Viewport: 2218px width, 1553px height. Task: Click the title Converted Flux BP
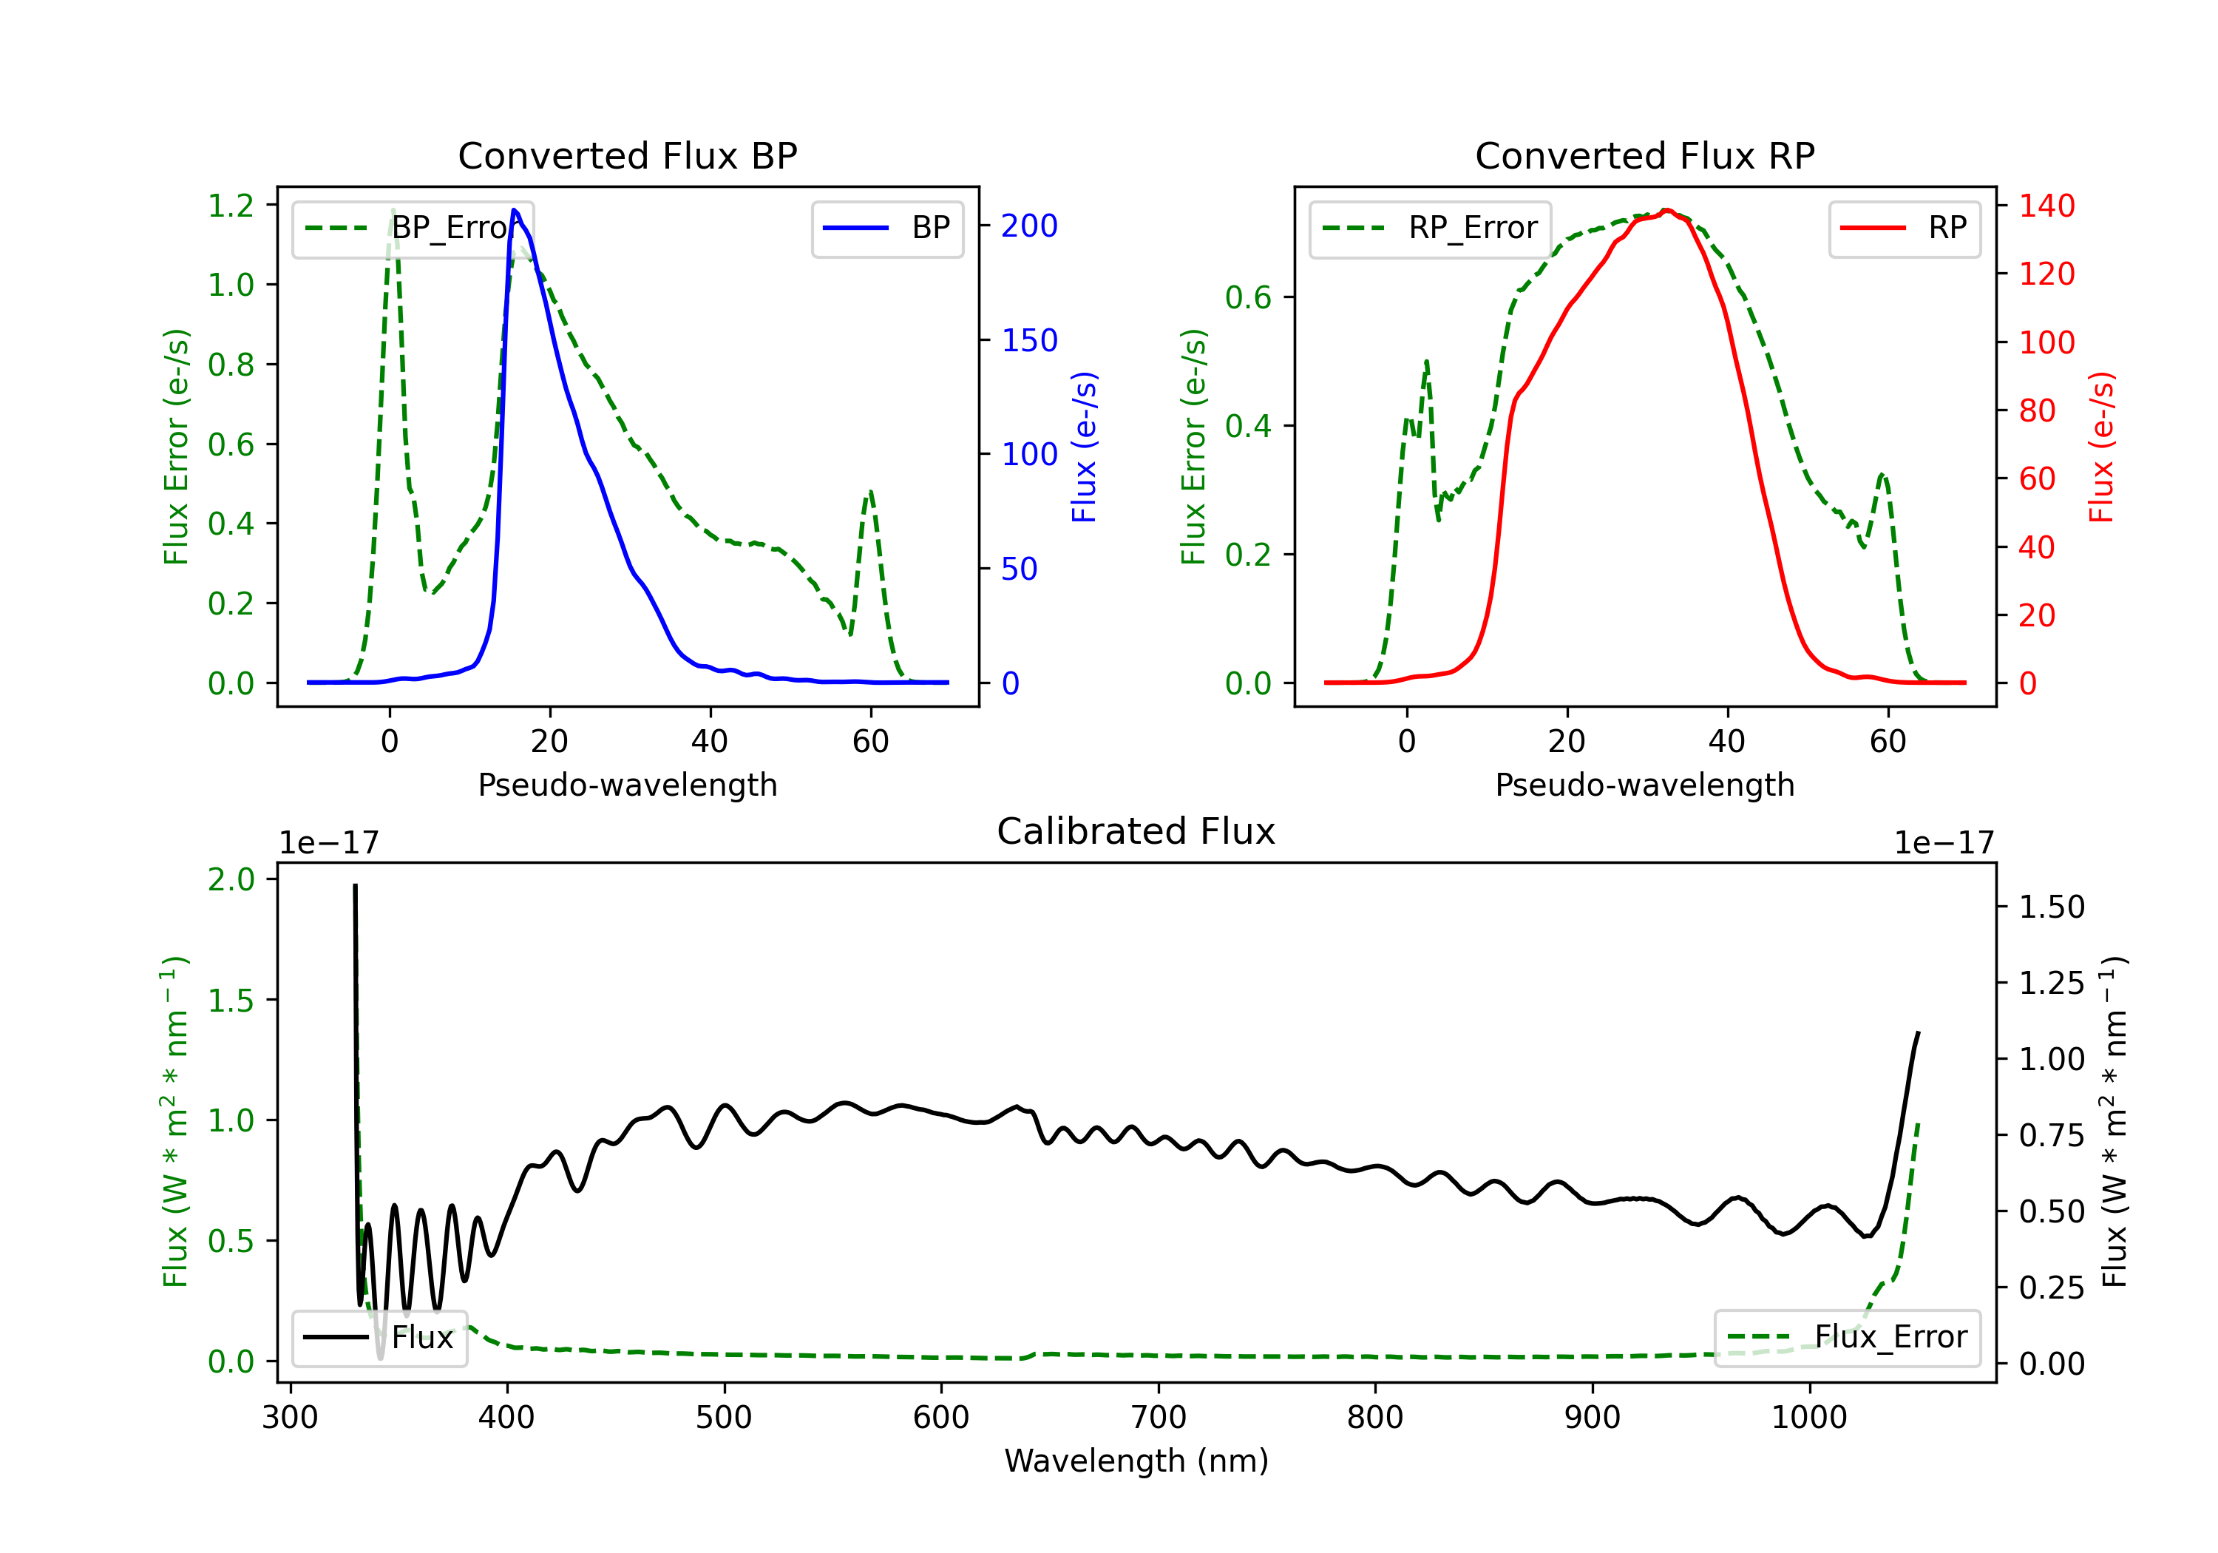coord(627,155)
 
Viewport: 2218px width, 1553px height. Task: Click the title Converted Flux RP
coord(1644,155)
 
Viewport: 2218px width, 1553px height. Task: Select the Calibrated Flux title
coord(1136,831)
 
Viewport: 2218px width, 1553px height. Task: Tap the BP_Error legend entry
coord(413,228)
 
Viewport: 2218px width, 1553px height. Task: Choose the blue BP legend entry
coord(886,228)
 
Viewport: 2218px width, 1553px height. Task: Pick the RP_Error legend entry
coord(1430,228)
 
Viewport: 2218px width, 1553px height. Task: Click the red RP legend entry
coord(1904,228)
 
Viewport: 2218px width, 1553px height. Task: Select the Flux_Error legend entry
coord(1847,1338)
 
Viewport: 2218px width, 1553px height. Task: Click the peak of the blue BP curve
coord(514,210)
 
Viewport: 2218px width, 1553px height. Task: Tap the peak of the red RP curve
coord(1666,210)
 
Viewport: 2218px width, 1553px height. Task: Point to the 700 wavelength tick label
coord(1159,1418)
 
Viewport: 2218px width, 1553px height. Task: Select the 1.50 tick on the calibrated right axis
coord(2052,907)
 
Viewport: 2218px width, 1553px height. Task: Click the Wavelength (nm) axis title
coord(1136,1461)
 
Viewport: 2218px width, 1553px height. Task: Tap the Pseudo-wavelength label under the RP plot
coord(1644,785)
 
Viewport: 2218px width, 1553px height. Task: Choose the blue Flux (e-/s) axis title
coord(1084,447)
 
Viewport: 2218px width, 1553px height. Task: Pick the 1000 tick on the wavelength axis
coord(1809,1418)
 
